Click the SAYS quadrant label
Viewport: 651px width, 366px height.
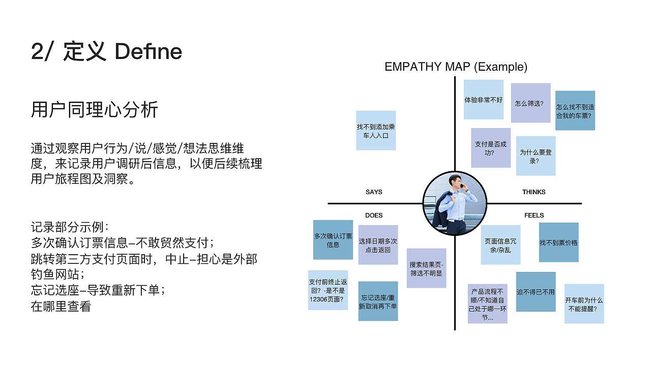click(374, 192)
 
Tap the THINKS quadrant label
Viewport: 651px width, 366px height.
click(534, 192)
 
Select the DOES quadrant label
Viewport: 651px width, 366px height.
click(374, 216)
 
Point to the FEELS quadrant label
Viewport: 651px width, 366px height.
click(534, 216)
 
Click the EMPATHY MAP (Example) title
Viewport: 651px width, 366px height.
click(456, 67)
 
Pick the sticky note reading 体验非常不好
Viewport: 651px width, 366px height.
click(484, 100)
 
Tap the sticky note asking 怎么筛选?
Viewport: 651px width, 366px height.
click(530, 103)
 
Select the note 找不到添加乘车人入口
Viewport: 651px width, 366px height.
click(376, 131)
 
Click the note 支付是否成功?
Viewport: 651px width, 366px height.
click(491, 148)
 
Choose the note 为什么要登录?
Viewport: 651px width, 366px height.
click(536, 156)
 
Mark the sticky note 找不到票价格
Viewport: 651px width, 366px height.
click(558, 242)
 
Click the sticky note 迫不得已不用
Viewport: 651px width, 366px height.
click(536, 292)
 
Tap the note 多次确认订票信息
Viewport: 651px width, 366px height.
click(333, 240)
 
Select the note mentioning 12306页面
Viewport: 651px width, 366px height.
click(328, 290)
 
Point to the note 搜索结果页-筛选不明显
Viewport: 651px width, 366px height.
click(426, 268)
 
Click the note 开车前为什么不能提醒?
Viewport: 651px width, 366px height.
click(584, 304)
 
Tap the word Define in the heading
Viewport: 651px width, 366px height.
click(148, 52)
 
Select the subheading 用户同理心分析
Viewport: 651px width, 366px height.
click(94, 109)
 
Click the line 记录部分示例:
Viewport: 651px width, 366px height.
click(70, 227)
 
